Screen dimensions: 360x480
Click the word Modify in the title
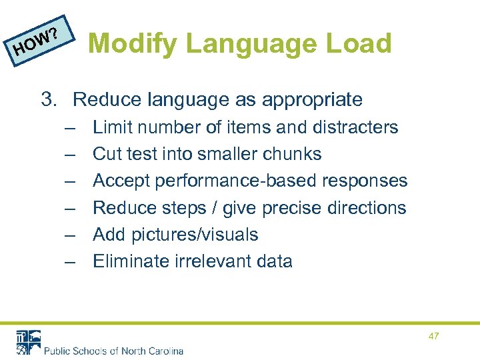[x=133, y=44]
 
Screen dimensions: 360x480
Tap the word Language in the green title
[x=249, y=44]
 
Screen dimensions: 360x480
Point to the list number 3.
[x=49, y=100]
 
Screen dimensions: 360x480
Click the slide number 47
[x=434, y=337]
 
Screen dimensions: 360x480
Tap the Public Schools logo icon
[x=29, y=342]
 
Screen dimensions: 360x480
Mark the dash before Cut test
[x=70, y=154]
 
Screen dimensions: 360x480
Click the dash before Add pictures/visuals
[x=70, y=235]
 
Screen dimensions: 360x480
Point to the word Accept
[x=118, y=181]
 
